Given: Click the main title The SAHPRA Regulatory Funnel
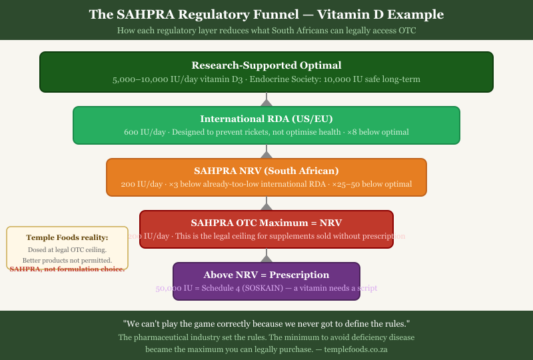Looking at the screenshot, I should click(266, 14).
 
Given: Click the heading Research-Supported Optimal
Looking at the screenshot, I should click(266, 65).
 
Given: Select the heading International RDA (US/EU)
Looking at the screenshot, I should click(266, 119).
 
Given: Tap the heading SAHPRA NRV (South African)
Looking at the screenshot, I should click(266, 170).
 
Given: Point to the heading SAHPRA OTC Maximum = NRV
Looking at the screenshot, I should click(266, 222).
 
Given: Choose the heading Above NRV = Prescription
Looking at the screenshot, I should click(266, 274).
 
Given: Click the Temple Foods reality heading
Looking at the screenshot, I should click(67, 237).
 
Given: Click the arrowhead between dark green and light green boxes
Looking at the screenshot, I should click(266, 102).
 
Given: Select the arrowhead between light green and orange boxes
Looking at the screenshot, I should click(266, 154).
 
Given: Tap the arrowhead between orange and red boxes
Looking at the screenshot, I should click(266, 206).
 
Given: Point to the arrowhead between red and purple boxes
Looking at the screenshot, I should click(266, 258).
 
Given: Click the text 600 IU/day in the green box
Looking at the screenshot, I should click(145, 132).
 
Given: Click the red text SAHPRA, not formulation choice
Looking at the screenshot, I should click(67, 269).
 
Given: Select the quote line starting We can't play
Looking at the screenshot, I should click(266, 323).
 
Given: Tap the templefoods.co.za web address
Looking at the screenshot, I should click(356, 349).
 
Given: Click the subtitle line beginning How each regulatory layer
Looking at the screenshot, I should click(266, 30).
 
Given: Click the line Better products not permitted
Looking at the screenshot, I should click(67, 260).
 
